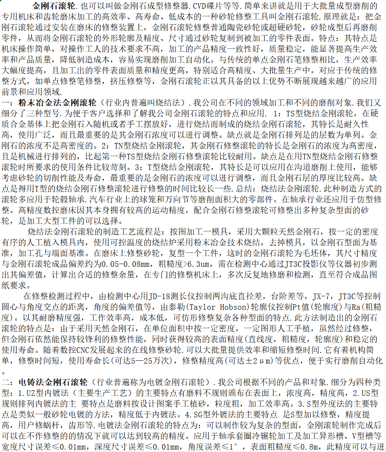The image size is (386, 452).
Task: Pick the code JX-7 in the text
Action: point(322,296)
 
